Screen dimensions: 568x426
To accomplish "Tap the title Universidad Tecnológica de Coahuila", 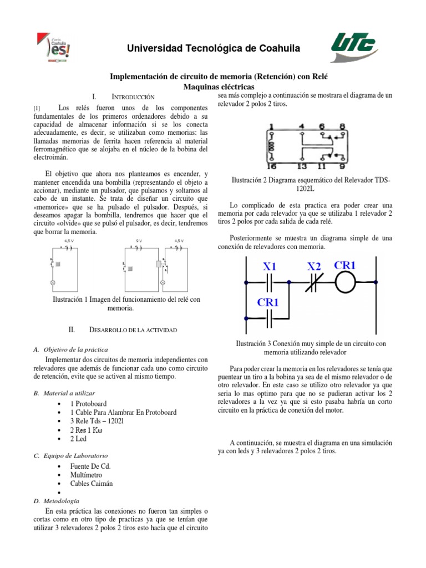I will (x=214, y=49).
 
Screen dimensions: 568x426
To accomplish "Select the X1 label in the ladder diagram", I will (x=270, y=267).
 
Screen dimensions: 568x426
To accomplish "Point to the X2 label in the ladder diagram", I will (x=315, y=267).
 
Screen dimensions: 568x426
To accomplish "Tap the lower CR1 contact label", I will (x=268, y=302).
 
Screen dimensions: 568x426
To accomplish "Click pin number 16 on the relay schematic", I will (x=271, y=165).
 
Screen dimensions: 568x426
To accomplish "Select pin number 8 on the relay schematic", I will (x=342, y=127).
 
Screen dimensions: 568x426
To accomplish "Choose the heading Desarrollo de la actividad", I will (x=133, y=330).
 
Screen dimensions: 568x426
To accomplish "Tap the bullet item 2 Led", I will (x=81, y=439).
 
